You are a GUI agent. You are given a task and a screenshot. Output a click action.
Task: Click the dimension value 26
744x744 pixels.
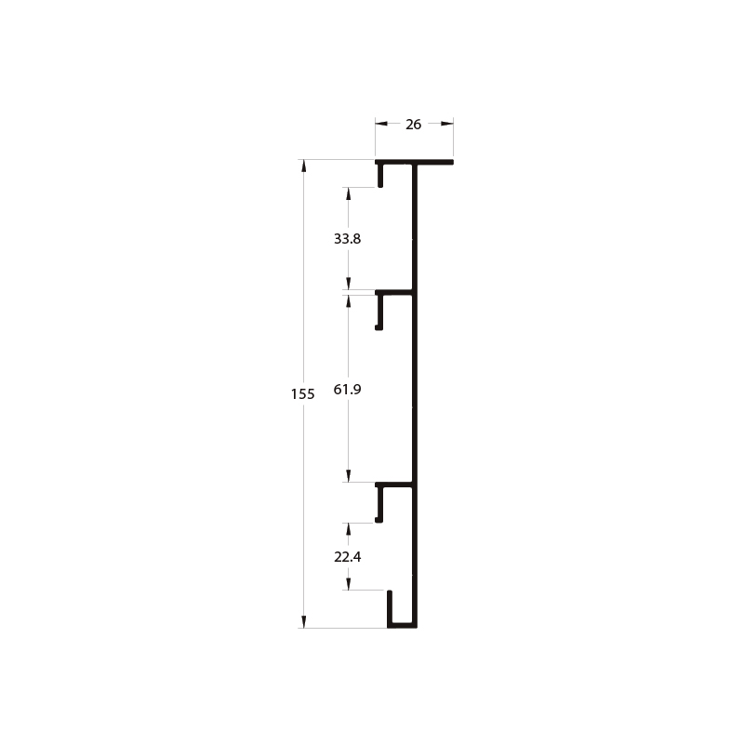point(413,125)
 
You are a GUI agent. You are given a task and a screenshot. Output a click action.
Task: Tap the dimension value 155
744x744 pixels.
point(303,393)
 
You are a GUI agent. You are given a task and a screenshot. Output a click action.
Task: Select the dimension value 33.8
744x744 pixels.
point(347,239)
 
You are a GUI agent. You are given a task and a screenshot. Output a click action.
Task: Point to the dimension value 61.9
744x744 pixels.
point(347,389)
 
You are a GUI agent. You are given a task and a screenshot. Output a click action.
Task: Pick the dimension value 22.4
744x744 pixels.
point(347,556)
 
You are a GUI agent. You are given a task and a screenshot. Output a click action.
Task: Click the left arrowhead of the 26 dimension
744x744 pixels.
point(381,124)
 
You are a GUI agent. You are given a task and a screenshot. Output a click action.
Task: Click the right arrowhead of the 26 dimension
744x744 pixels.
point(447,124)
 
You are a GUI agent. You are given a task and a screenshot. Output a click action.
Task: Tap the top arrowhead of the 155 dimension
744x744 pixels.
point(304,166)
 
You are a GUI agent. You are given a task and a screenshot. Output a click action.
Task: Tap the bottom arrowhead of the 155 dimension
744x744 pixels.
point(304,622)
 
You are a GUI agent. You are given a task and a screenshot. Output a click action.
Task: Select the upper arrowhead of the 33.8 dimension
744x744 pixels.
point(348,193)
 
